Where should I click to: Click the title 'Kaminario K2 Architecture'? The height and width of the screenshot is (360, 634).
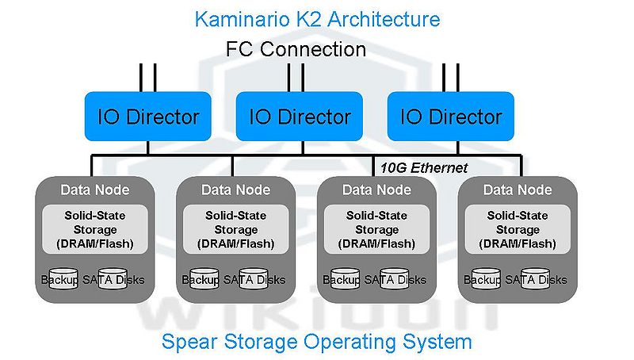pos(317,17)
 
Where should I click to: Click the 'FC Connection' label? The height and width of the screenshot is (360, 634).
pos(296,49)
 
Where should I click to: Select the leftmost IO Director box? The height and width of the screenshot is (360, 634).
pos(148,117)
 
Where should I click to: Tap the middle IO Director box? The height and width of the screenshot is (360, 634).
pos(300,117)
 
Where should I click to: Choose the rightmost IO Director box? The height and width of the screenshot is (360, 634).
pos(450,117)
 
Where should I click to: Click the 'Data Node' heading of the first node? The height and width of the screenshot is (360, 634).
pos(95,190)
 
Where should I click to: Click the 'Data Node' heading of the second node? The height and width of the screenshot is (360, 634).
pos(235,190)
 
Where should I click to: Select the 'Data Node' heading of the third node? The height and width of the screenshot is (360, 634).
pos(376,190)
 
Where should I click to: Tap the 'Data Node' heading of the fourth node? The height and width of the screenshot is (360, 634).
pos(518,190)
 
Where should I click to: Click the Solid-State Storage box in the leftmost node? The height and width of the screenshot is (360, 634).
pos(95,229)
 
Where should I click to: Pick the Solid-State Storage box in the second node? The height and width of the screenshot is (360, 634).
pos(235,229)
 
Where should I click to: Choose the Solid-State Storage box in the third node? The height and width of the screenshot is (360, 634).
pos(376,229)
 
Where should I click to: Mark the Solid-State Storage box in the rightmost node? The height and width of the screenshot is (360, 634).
pos(518,229)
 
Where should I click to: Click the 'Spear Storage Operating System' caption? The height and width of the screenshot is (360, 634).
pos(317,343)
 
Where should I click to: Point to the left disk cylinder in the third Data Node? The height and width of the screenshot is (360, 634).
pos(341,280)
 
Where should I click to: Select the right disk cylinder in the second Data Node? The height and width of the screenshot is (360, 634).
pos(254,280)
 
